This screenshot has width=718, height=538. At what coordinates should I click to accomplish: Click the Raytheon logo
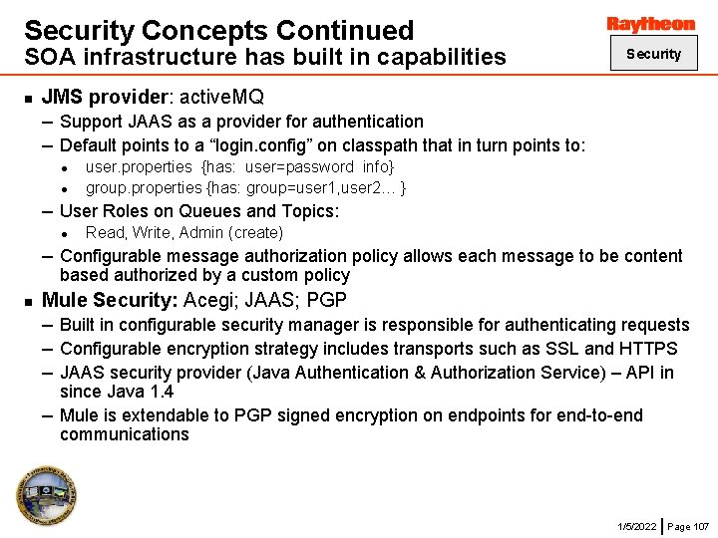[651, 23]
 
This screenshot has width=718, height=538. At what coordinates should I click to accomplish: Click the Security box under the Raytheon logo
[653, 54]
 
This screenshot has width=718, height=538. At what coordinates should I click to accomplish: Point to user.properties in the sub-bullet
[139, 166]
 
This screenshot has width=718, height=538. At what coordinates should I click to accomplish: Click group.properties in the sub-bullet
[144, 187]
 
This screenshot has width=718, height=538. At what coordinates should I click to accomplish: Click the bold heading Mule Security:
[111, 299]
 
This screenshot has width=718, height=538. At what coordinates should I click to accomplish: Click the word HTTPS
[647, 348]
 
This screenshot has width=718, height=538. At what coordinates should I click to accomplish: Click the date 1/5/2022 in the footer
[636, 525]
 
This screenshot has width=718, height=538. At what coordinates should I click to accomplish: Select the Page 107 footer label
[688, 525]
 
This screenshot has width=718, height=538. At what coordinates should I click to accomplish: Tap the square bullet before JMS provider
[28, 98]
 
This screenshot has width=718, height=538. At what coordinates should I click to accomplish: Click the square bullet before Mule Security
[28, 300]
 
